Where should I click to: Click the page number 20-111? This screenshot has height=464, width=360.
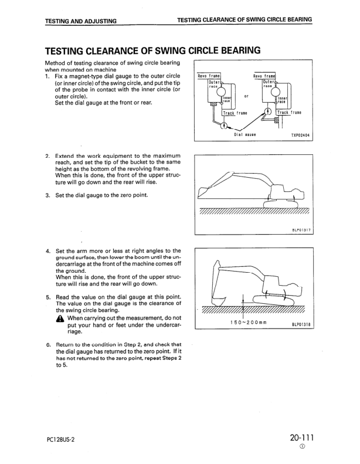[301, 438]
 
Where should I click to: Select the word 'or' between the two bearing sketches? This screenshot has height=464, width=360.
[246, 96]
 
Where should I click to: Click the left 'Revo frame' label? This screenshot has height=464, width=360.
[209, 76]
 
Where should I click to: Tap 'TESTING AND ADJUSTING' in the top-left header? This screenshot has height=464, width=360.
[80, 21]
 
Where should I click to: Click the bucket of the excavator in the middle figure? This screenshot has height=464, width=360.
[206, 192]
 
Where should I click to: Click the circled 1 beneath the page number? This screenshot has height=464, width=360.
[301, 448]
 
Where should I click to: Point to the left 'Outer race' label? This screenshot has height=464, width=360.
[213, 84]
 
